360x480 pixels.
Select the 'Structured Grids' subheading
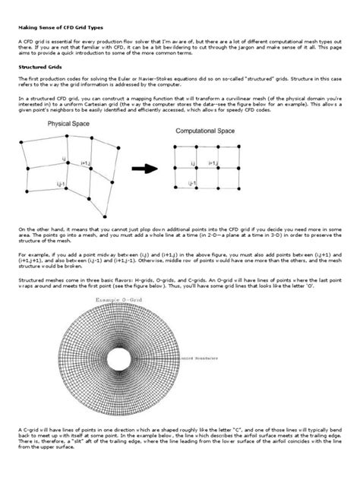click(x=40, y=66)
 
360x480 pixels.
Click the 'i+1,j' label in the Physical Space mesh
click(x=84, y=164)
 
